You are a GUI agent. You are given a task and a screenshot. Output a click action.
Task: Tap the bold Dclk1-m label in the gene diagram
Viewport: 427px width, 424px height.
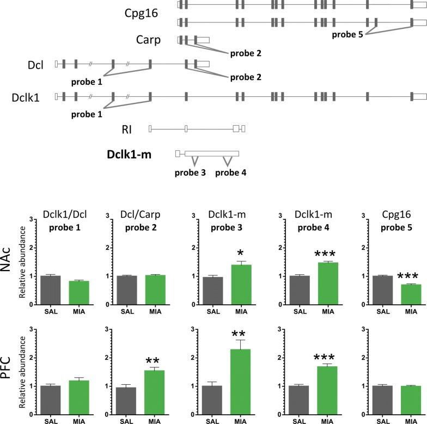pos(129,154)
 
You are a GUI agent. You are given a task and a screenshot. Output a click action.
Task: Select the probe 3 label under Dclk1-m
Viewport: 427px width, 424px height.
pos(190,173)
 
